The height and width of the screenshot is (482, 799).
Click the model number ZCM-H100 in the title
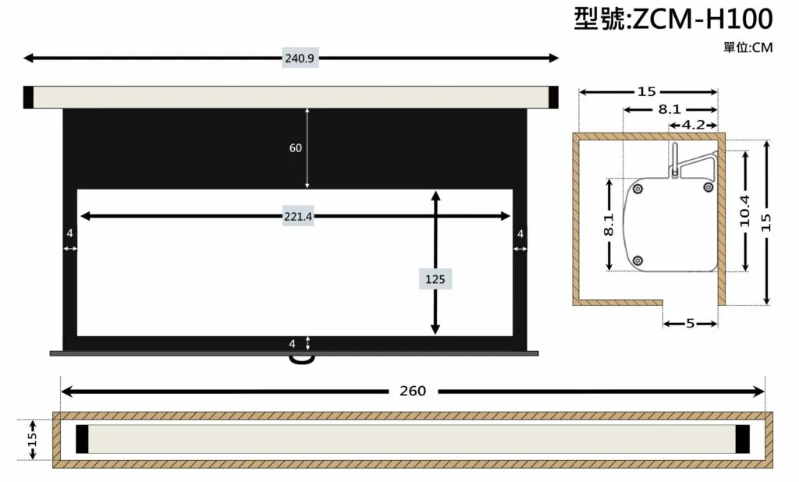(x=703, y=19)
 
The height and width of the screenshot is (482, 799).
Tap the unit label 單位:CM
(x=748, y=48)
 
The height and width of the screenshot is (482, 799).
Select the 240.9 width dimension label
(x=299, y=58)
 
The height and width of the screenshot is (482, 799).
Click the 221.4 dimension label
(x=298, y=217)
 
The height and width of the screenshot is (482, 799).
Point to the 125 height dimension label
(x=435, y=279)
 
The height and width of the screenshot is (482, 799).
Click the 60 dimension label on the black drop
(x=296, y=147)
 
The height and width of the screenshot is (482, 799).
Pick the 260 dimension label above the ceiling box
(x=413, y=391)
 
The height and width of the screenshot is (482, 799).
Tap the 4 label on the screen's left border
(x=69, y=233)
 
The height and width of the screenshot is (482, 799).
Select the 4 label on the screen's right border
(x=520, y=233)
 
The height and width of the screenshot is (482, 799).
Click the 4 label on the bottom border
(x=292, y=344)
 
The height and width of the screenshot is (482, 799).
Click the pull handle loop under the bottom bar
(x=302, y=360)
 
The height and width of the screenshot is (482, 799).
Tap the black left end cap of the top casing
(x=29, y=97)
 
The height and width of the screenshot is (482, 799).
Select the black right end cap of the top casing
(x=553, y=97)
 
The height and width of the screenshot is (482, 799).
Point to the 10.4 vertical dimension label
(x=745, y=211)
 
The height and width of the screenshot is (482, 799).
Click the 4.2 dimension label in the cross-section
(x=693, y=125)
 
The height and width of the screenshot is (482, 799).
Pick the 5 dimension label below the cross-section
(x=691, y=324)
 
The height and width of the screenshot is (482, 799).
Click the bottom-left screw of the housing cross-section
(x=637, y=260)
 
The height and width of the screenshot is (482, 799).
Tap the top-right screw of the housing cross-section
(x=708, y=187)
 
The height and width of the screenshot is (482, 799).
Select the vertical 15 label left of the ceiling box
(x=33, y=439)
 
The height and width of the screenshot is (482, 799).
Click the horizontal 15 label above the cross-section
(x=647, y=92)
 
